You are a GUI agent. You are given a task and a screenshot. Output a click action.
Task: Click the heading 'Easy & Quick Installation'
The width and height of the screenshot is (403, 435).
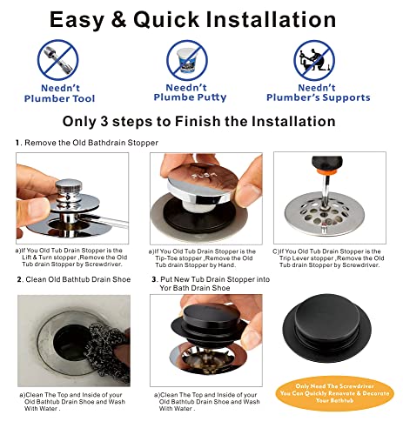click(201, 18)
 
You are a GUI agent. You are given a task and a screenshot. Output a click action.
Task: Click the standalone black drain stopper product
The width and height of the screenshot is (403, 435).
click(331, 323)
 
